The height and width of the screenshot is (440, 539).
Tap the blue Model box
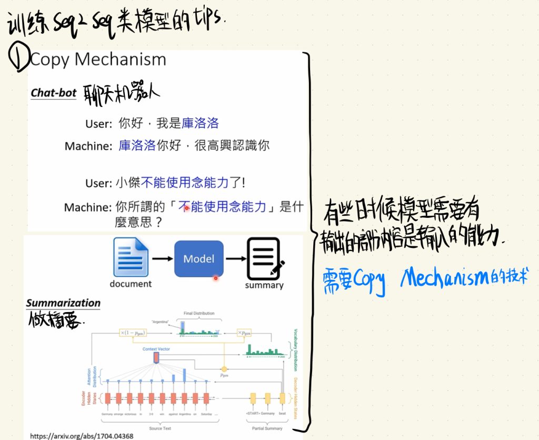[199, 258]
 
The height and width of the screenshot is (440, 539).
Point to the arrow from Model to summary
[235, 258]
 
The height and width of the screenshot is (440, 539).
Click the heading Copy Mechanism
[98, 59]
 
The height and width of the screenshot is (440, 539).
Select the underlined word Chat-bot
[54, 93]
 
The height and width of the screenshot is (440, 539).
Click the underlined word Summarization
[63, 303]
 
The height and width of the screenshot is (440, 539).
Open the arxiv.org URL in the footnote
[82, 436]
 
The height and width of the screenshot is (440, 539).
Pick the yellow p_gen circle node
[224, 369]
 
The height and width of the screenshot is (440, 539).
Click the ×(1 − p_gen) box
[132, 333]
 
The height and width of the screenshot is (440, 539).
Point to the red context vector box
[156, 358]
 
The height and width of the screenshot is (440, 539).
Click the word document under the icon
[131, 284]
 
